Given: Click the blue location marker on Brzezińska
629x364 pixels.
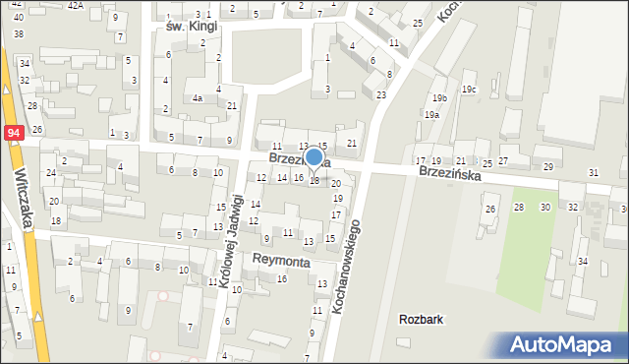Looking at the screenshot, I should pyautogui.click(x=314, y=156).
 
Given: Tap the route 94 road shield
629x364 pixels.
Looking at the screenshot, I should pyautogui.click(x=13, y=132).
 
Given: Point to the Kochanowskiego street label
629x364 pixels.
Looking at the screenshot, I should pyautogui.click(x=348, y=267).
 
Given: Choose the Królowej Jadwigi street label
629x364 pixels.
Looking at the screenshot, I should pyautogui.click(x=232, y=240).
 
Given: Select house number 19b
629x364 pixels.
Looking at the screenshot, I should pyautogui.click(x=438, y=98).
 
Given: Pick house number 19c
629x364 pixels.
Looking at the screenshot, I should pyautogui.click(x=470, y=90).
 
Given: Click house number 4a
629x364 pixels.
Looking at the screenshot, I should pyautogui.click(x=198, y=97).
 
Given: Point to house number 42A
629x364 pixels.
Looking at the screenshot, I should pyautogui.click(x=76, y=5).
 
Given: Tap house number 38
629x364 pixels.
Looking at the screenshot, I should pyautogui.click(x=18, y=33).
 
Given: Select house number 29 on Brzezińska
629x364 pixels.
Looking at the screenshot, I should pyautogui.click(x=548, y=167).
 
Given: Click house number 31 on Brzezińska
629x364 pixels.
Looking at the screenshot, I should pyautogui.click(x=593, y=173).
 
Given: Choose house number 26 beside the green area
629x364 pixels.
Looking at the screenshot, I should pyautogui.click(x=490, y=209).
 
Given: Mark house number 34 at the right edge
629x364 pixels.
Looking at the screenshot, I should pyautogui.click(x=582, y=261).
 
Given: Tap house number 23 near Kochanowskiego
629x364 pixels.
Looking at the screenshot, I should pyautogui.click(x=380, y=94).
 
